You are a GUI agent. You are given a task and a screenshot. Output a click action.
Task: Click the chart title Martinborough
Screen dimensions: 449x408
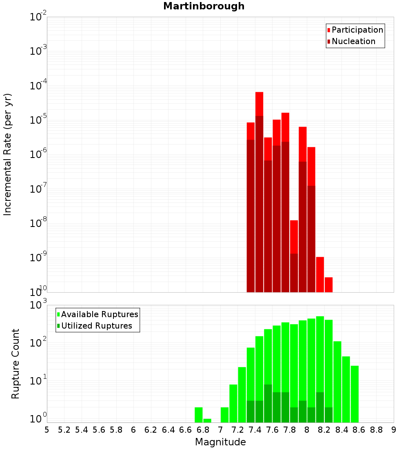click(x=204, y=6)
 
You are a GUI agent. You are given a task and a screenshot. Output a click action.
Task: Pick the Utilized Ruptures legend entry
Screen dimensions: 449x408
click(x=96, y=326)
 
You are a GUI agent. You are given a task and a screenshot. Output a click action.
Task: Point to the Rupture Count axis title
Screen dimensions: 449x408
click(x=16, y=363)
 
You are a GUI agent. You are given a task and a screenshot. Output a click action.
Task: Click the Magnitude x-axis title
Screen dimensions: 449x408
click(x=220, y=442)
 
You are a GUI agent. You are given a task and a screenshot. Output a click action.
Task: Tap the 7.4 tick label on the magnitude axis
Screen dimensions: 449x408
click(x=255, y=430)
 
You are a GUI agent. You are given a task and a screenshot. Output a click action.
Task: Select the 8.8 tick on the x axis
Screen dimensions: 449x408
click(x=376, y=430)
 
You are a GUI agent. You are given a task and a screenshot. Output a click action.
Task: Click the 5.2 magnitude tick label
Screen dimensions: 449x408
click(x=64, y=430)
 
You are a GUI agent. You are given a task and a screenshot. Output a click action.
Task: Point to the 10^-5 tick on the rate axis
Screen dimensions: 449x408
click(x=38, y=120)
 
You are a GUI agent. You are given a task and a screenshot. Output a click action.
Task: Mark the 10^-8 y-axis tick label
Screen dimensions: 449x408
click(x=38, y=224)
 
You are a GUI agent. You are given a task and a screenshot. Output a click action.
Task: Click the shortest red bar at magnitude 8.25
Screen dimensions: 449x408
click(x=328, y=285)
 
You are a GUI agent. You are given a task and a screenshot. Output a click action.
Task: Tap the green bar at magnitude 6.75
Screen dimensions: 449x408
click(x=199, y=415)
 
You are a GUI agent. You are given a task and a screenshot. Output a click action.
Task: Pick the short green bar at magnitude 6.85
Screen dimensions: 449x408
click(x=207, y=420)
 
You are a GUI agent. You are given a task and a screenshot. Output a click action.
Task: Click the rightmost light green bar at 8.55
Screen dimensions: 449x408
click(x=355, y=394)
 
